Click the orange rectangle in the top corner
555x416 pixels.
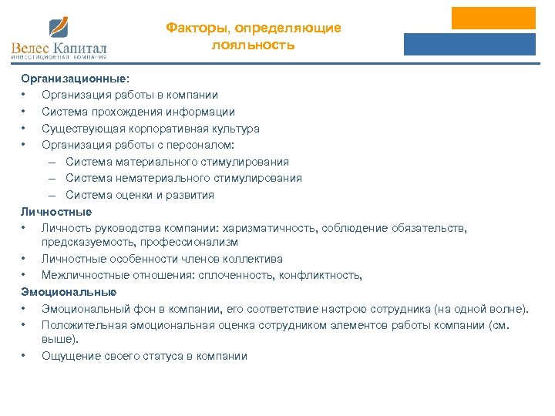(493, 18)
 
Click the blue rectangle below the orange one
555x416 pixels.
(469, 44)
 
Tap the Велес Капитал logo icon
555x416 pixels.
(59, 29)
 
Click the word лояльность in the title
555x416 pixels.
(254, 45)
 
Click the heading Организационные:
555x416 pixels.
(76, 79)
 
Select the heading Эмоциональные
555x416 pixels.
(69, 292)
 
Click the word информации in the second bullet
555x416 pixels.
(203, 112)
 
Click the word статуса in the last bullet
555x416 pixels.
(162, 355)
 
